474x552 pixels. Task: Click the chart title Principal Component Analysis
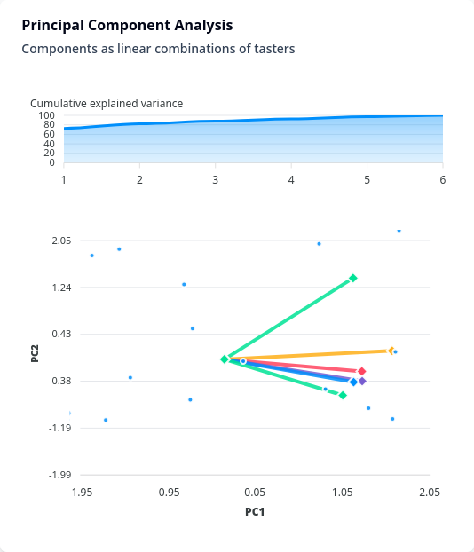coord(127,26)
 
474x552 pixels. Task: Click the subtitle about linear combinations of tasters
coord(158,49)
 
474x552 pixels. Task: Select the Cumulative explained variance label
coord(107,104)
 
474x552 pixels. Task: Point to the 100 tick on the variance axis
coord(46,115)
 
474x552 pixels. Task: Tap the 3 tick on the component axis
coord(215,180)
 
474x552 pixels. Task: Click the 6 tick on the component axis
coord(443,180)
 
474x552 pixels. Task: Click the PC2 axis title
coord(35,353)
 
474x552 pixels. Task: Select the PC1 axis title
coord(255,511)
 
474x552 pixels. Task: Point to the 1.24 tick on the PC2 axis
coord(61,288)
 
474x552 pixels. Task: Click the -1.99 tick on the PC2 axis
coord(59,475)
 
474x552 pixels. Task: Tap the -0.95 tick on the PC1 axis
coord(167,493)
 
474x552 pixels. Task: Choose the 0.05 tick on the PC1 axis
coord(255,493)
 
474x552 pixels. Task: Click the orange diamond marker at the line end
coord(391,351)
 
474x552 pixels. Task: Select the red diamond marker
coord(361,371)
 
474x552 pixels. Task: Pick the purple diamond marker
coord(362,381)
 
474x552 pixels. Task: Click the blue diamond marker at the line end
coord(353,382)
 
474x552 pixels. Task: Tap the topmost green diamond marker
coord(353,278)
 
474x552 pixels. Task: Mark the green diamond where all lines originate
coord(225,359)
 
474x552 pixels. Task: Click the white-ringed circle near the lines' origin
coord(243,361)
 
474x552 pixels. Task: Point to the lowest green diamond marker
coord(343,395)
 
